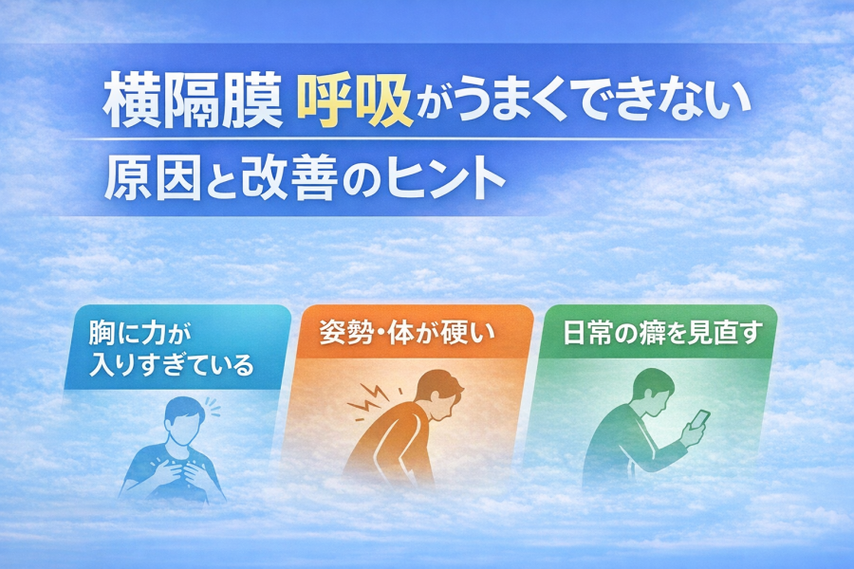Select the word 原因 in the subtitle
pyautogui.click(x=150, y=177)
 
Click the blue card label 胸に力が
pyautogui.click(x=141, y=333)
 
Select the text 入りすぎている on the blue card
pyautogui.click(x=171, y=365)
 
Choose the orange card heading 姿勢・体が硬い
pyautogui.click(x=406, y=333)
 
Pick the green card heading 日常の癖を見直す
pyautogui.click(x=660, y=333)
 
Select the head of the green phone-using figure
pyautogui.click(x=654, y=391)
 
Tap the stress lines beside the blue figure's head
pyautogui.click(x=213, y=407)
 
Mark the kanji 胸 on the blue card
pyautogui.click(x=102, y=333)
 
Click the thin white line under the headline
pyautogui.click(x=392, y=140)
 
